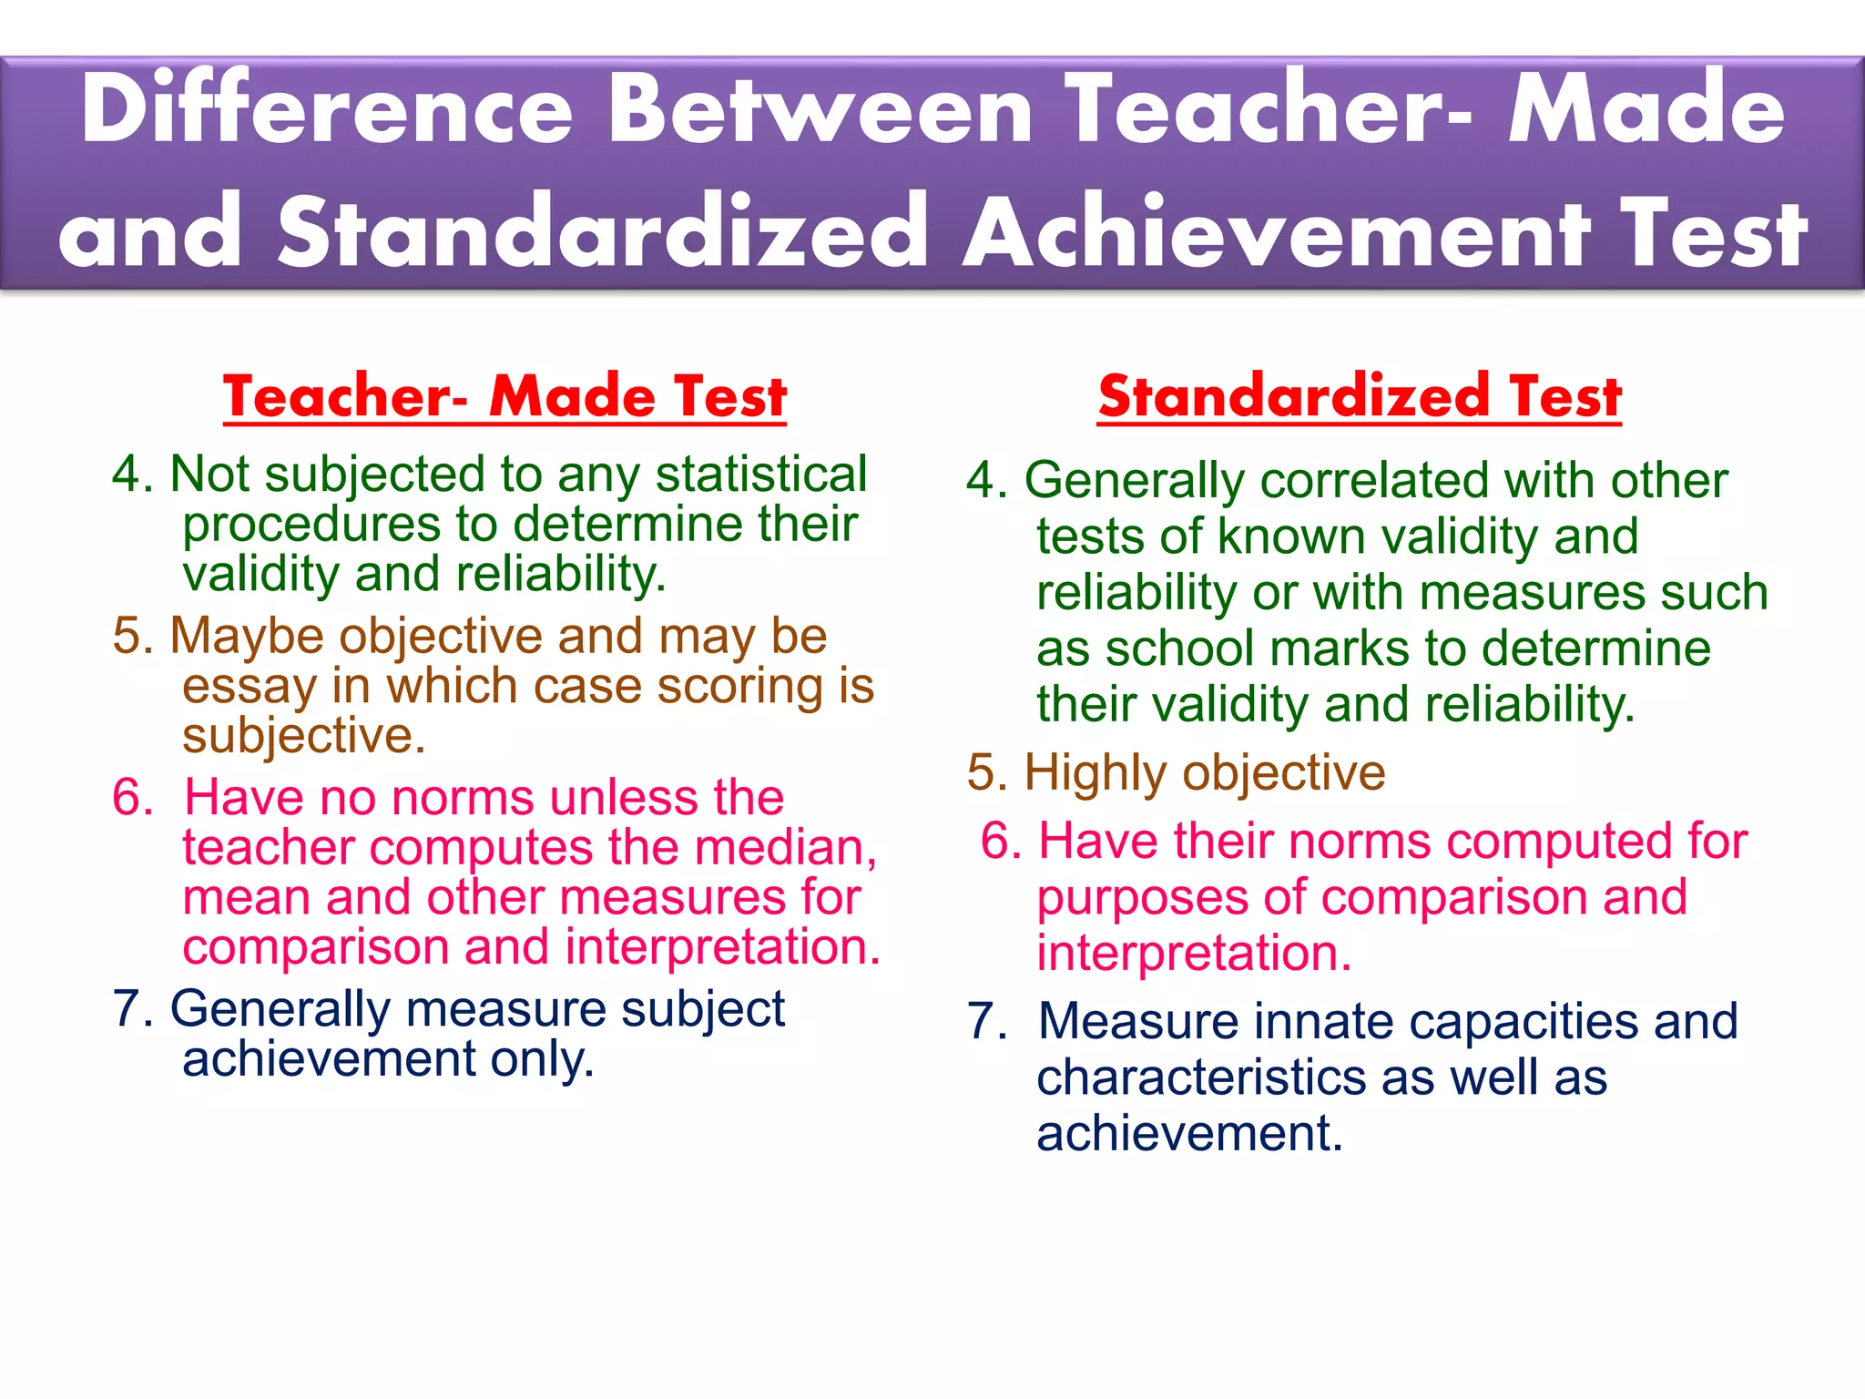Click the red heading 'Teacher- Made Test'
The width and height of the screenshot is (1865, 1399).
(x=504, y=397)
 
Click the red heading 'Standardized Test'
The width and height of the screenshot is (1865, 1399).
(x=1360, y=397)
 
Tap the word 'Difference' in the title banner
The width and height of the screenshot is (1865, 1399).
(x=326, y=109)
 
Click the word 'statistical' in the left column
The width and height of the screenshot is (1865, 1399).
(x=761, y=475)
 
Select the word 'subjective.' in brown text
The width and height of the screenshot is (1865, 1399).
(x=303, y=736)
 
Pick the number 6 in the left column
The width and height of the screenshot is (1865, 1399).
(x=132, y=798)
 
